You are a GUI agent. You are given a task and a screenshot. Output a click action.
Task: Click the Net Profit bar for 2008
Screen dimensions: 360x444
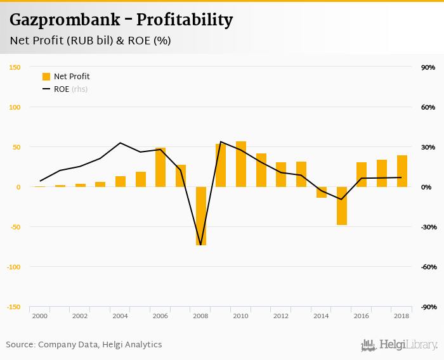point(201,215)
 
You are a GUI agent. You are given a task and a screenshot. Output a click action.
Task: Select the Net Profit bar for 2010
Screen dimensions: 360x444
point(241,164)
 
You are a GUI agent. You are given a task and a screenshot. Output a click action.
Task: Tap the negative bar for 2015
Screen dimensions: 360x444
point(342,205)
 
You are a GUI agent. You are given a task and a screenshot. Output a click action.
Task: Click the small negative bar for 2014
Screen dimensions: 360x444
point(322,192)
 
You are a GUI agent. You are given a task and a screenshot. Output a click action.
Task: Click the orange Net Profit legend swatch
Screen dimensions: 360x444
point(46,77)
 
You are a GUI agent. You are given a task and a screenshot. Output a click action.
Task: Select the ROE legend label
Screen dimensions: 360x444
point(62,89)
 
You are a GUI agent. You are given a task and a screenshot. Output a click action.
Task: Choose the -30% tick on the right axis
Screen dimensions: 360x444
point(427,227)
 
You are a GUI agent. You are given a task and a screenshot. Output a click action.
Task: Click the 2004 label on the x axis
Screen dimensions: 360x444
point(120,316)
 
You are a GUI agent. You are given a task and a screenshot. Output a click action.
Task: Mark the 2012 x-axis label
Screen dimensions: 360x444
point(281,316)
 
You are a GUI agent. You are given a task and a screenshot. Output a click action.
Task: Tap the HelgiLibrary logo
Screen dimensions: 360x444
point(400,345)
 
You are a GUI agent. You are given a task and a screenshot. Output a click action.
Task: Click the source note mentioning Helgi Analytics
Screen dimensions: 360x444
point(84,345)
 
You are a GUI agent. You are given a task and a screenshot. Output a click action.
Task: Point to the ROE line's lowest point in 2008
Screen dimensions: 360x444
point(201,245)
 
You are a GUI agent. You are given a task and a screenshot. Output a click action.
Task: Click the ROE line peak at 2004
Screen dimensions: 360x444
point(121,143)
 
